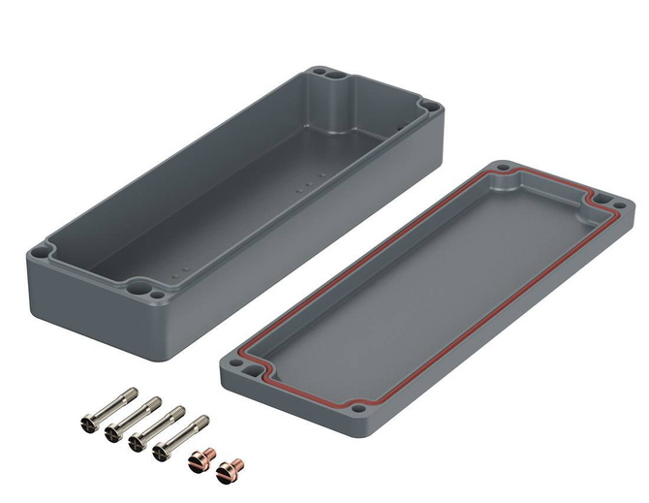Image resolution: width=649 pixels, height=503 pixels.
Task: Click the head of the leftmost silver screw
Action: coord(85,424)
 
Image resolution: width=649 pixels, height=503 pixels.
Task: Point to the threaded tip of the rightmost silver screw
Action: coord(203,420)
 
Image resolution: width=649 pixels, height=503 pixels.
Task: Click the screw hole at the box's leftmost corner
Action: coord(40,252)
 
